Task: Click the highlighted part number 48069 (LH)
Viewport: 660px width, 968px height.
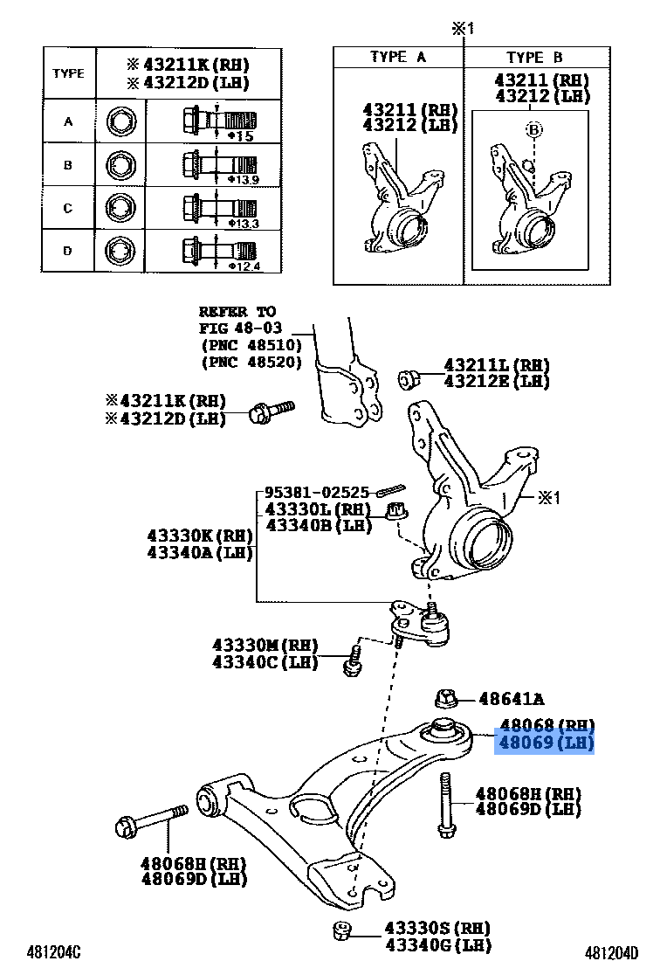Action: click(546, 744)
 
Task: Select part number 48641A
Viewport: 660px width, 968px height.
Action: click(512, 698)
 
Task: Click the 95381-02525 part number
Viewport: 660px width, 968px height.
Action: click(317, 493)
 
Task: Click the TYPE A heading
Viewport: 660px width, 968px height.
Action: click(397, 57)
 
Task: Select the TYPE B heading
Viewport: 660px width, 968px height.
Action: click(534, 57)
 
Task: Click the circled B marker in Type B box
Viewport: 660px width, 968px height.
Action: click(533, 130)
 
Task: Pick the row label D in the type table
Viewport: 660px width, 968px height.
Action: click(68, 252)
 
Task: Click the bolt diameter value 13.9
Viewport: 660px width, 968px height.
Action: click(242, 179)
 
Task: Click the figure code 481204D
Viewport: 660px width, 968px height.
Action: click(611, 951)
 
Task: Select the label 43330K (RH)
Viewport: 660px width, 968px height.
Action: click(200, 536)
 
